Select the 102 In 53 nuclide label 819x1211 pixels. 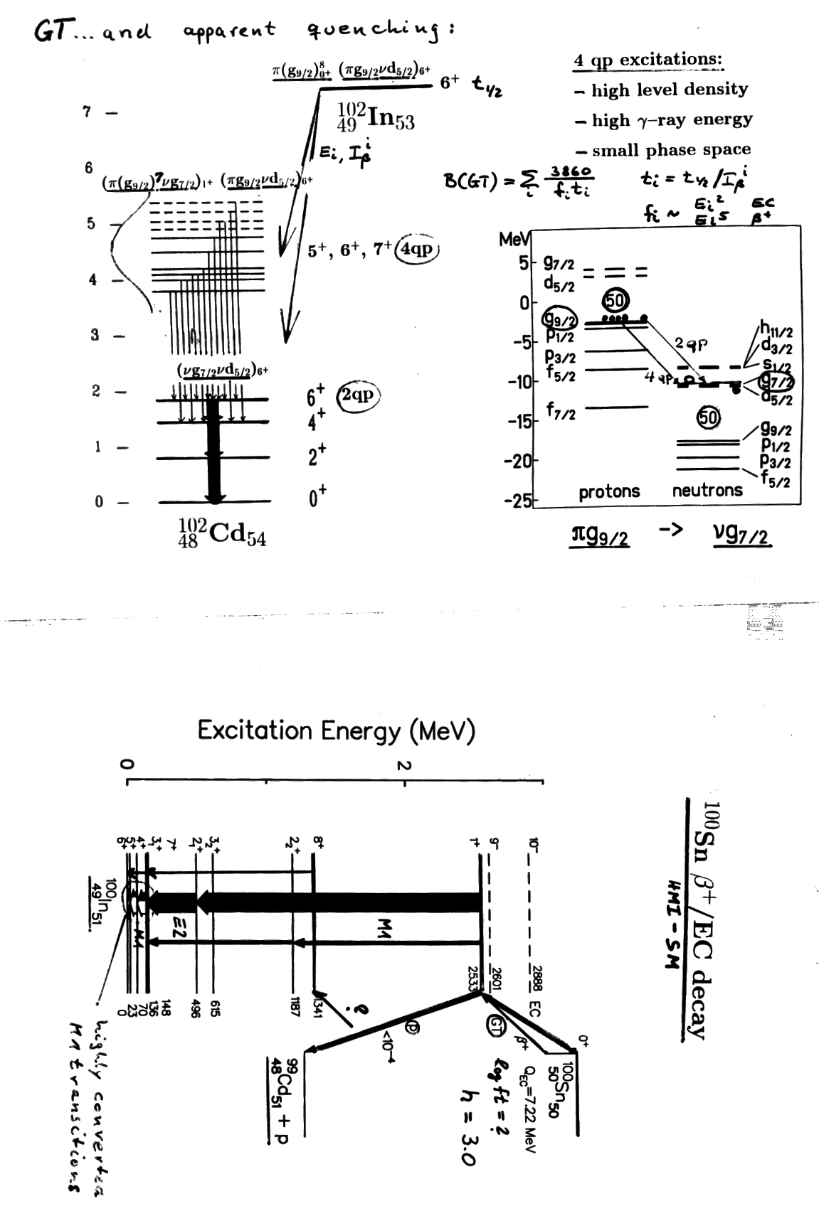tap(376, 117)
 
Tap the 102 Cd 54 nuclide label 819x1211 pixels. tap(222, 533)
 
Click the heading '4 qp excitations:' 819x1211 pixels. tap(648, 60)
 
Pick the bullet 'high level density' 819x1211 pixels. tap(662, 90)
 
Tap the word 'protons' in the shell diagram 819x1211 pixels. tap(609, 491)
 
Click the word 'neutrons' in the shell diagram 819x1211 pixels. tap(707, 490)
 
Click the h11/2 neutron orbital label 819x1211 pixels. tap(776, 329)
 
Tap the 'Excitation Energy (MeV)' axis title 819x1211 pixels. tap(336, 730)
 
